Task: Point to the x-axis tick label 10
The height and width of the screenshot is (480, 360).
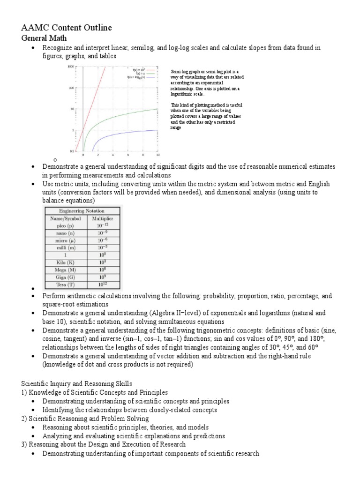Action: (x=157, y=154)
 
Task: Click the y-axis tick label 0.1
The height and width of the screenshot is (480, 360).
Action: (x=72, y=150)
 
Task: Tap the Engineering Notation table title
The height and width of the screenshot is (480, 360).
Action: (x=82, y=211)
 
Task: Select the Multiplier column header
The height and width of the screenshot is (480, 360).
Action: (x=102, y=218)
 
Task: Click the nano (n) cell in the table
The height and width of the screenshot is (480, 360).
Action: (x=64, y=233)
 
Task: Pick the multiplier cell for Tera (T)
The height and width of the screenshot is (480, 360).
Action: (x=102, y=285)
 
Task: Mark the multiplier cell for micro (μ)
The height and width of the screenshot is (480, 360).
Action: (x=102, y=240)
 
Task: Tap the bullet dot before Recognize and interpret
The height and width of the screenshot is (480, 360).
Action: (x=32, y=48)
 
